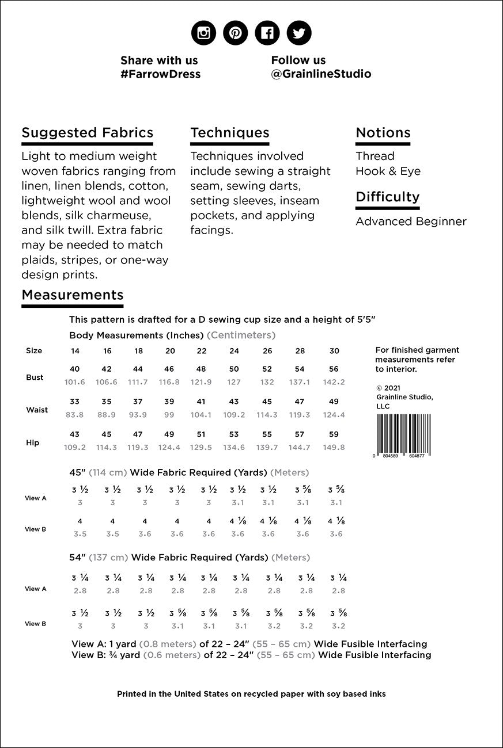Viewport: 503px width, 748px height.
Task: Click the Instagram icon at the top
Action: coord(203,33)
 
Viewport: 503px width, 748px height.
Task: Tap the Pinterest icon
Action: coord(235,33)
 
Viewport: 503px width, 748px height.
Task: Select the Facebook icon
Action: coord(267,33)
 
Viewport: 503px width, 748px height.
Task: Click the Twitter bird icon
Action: coord(298,33)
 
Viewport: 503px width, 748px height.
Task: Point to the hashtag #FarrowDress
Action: coord(160,74)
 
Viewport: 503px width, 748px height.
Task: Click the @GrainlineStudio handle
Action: coord(321,74)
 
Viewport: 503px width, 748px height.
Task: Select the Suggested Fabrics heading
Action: coord(87,133)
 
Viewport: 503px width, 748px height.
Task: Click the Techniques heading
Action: coord(229,133)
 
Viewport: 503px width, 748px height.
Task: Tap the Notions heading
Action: coord(383,133)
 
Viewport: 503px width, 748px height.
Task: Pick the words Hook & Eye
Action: coord(388,171)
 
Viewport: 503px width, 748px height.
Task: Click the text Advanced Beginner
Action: coord(411,222)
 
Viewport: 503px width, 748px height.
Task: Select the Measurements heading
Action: coord(72,295)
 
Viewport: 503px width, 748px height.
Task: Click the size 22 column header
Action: coord(202,351)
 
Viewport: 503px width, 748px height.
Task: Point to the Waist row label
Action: coord(37,410)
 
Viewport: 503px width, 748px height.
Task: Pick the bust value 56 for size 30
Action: coord(334,369)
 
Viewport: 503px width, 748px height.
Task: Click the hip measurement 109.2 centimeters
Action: coord(75,447)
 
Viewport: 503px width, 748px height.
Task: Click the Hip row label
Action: coord(32,442)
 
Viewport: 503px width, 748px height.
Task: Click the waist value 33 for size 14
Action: coord(75,402)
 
